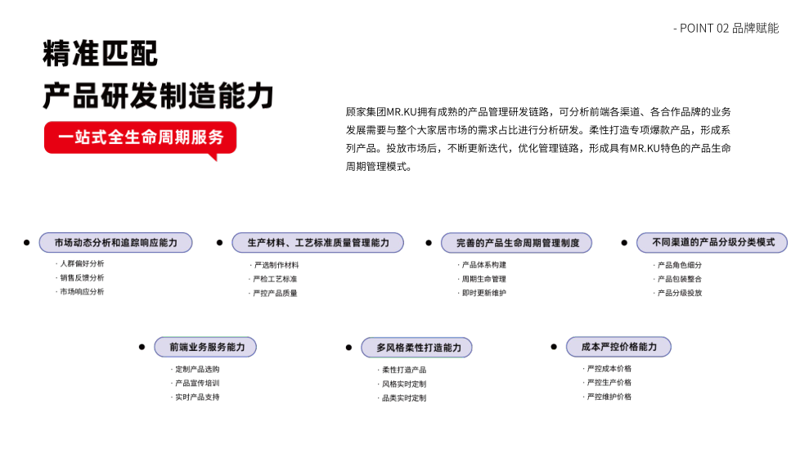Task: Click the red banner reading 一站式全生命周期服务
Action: point(141,137)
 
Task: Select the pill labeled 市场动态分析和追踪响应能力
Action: point(115,243)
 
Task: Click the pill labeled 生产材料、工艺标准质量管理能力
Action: point(318,243)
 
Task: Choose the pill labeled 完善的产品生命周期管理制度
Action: point(516,243)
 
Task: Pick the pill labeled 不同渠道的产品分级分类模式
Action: point(712,243)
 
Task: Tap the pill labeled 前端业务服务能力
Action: point(205,347)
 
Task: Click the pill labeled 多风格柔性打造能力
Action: point(416,348)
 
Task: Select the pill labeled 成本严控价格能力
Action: point(618,347)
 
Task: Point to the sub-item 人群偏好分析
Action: point(82,263)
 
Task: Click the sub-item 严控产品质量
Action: point(275,293)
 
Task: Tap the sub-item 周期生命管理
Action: point(484,279)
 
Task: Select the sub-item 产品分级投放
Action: point(680,293)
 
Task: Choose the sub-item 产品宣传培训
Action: point(198,384)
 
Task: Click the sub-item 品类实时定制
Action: point(404,398)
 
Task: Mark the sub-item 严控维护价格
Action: point(609,397)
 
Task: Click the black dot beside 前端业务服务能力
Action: point(142,347)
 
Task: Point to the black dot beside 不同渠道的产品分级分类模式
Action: point(624,243)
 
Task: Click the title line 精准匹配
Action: point(100,54)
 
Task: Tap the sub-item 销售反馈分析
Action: point(82,277)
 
